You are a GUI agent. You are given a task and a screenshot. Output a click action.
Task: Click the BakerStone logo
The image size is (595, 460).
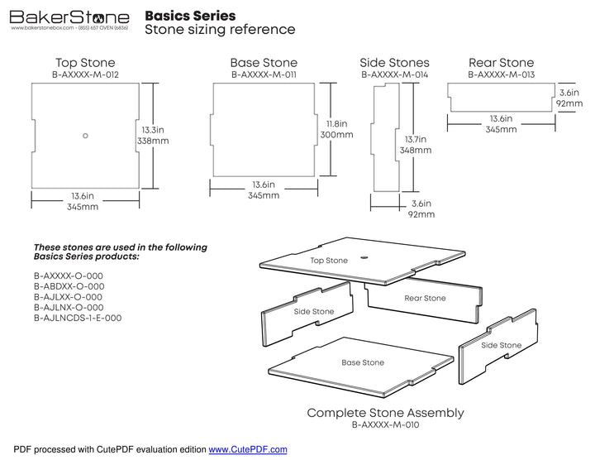pos(69,17)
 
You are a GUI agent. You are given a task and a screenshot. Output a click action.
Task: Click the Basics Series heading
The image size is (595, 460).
pos(189,16)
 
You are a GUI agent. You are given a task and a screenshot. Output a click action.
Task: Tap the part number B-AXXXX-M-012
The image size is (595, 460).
pos(85,75)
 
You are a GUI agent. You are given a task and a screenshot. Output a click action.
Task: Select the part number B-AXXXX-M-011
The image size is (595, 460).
pos(264,75)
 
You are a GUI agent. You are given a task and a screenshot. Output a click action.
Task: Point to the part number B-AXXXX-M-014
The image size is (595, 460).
pos(394,75)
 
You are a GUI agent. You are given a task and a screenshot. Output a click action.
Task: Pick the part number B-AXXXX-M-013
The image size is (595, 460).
pos(501,75)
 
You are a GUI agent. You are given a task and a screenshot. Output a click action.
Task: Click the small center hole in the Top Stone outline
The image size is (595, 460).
pos(85,135)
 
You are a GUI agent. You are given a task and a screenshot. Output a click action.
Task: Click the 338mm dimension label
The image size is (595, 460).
pos(153,141)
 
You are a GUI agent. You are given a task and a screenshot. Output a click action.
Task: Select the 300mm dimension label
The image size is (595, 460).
pos(337,135)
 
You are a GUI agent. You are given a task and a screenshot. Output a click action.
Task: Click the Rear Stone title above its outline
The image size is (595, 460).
pos(501,63)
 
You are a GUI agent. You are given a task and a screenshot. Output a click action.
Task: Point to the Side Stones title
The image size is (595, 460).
pos(394,63)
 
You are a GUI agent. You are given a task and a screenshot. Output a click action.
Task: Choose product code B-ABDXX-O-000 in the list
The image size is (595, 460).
pos(69,286)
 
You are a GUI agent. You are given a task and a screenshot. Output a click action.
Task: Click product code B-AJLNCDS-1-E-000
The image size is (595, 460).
pos(78,318)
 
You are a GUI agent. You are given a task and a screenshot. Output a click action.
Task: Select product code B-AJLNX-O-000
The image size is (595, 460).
pos(69,307)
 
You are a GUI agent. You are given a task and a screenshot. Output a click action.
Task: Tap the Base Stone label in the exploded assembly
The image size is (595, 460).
pos(363,362)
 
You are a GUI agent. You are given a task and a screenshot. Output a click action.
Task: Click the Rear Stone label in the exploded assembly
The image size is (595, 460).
pos(425,298)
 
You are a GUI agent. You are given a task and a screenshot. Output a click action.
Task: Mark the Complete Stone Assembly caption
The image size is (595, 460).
pos(385,413)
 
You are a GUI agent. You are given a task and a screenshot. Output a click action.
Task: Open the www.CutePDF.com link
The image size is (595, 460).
pos(247,449)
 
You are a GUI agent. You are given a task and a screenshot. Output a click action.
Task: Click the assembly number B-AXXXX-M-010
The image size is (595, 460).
pos(385,425)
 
